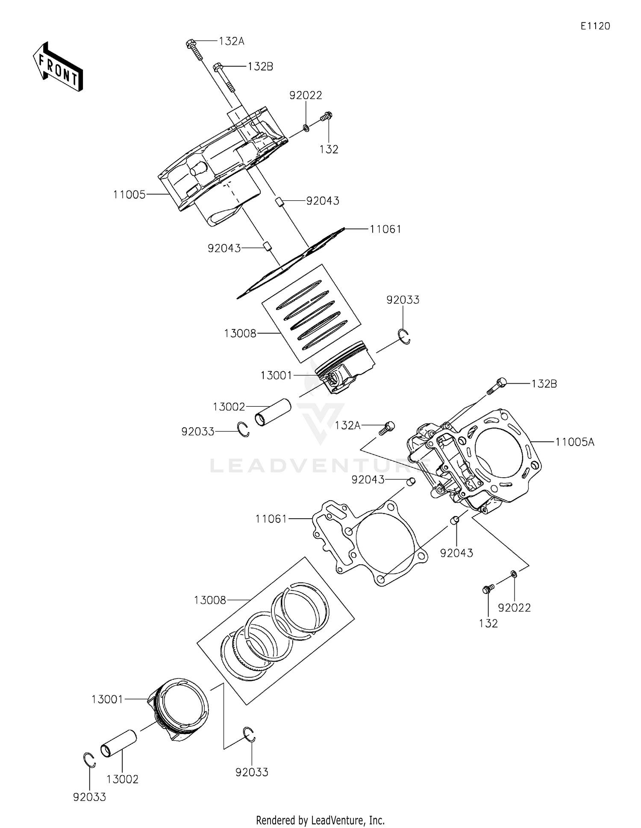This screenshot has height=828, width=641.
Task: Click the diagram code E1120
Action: pyautogui.click(x=595, y=26)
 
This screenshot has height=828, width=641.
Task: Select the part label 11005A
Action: pyautogui.click(x=575, y=442)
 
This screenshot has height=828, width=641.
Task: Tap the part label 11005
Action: pyautogui.click(x=129, y=195)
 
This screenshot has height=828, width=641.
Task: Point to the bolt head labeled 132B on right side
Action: pyautogui.click(x=501, y=383)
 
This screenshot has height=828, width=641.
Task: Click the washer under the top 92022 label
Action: pyautogui.click(x=306, y=127)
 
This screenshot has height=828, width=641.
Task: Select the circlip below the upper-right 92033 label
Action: pyautogui.click(x=405, y=336)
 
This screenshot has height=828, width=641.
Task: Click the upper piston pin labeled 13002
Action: pyautogui.click(x=273, y=413)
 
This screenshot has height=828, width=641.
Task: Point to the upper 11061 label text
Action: pyautogui.click(x=385, y=229)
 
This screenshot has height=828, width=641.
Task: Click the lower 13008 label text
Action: pyautogui.click(x=209, y=600)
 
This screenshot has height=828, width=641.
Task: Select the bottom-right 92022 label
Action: pyautogui.click(x=514, y=608)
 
